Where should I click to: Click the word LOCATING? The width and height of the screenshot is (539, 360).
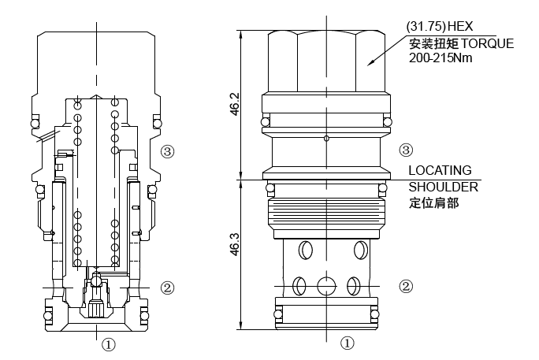pos(440,170)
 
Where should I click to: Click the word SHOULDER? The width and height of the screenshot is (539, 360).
pos(442,187)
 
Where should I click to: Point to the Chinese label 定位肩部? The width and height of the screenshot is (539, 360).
pos(433,202)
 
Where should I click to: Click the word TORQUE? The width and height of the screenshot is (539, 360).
pos(485,43)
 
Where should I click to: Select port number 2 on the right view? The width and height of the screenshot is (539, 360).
pos(406,287)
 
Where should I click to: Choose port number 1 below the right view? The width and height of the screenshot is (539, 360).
pos(348,343)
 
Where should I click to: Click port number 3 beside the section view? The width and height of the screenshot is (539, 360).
pos(166,150)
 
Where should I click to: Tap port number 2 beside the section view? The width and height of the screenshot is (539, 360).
pos(165,287)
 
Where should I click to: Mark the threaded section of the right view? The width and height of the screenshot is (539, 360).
pos(326,211)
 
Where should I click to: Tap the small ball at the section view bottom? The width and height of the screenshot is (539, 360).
pos(95,280)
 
